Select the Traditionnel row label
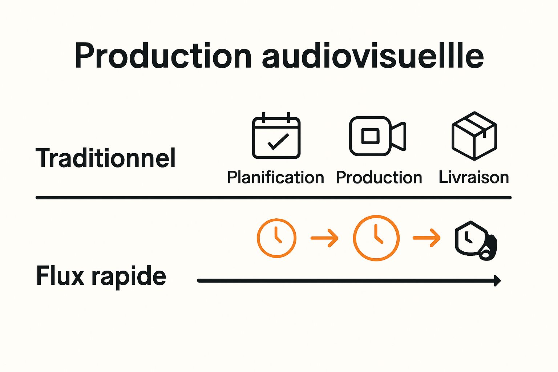coord(106,158)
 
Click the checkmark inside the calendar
coord(278,142)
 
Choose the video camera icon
coord(377,136)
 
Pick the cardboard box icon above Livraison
coord(474,136)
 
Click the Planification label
coord(275,178)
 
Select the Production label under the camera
coord(379,178)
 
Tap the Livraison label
coord(474,177)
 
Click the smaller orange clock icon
coord(276,238)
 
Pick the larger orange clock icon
coord(376,238)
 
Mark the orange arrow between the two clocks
coord(324,238)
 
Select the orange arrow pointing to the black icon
coord(426,238)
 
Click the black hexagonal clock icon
coord(474,240)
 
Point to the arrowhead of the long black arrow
coord(498,280)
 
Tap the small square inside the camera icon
coord(370,136)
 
